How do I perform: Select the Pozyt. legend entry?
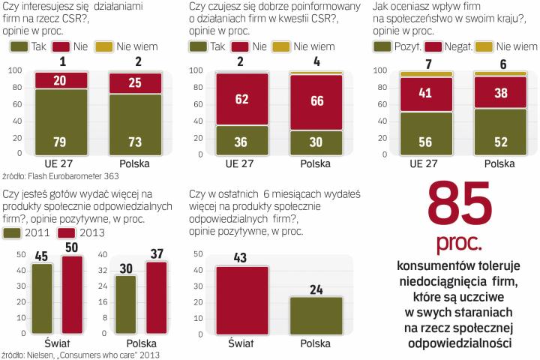tap(383, 46)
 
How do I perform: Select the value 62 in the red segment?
tap(241, 98)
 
